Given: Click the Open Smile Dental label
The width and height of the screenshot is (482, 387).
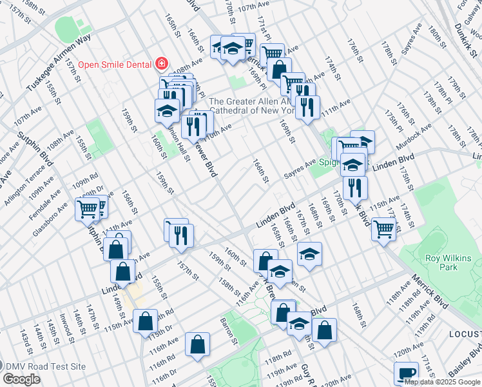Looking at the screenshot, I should [115, 64].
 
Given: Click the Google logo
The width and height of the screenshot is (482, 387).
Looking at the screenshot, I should [22, 379].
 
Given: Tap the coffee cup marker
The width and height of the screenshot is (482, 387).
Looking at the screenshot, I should [407, 374].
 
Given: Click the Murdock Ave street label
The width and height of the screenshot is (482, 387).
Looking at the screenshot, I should [413, 137].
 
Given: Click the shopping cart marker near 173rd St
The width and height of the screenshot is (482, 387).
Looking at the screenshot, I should [383, 228].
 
